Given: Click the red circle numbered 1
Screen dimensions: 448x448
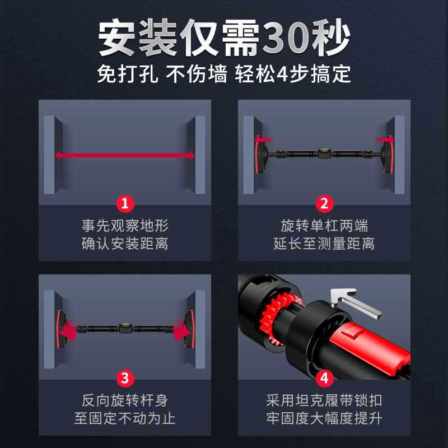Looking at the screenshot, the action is click(125, 204).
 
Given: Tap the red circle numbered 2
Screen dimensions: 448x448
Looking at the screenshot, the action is click(324, 204).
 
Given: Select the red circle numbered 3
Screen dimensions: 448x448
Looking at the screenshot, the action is click(125, 379).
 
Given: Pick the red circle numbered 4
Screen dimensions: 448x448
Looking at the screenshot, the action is click(324, 379).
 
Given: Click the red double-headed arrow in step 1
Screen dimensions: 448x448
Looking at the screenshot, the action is click(125, 156).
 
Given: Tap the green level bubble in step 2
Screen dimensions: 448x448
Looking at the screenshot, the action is click(324, 150).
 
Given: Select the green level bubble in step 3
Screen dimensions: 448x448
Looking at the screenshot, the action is click(125, 325).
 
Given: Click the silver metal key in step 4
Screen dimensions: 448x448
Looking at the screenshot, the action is click(356, 302).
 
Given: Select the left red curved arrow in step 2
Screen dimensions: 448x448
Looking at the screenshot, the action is click(263, 139).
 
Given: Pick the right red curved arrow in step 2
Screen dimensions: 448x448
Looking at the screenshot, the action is click(385, 139).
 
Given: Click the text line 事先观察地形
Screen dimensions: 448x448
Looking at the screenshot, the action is click(125, 226).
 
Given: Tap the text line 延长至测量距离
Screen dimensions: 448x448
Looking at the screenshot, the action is click(324, 244).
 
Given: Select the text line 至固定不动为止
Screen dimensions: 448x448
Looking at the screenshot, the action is click(125, 418).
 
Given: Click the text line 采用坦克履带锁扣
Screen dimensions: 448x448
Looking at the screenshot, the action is click(324, 400).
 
